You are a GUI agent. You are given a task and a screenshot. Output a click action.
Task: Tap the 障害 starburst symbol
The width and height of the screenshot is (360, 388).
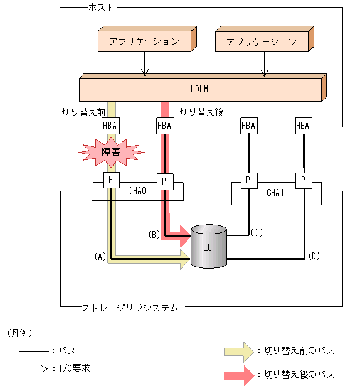(110, 152)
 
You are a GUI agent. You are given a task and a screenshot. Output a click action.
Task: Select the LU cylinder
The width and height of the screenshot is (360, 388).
(208, 246)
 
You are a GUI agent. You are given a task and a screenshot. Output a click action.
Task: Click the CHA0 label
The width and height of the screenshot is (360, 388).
(137, 190)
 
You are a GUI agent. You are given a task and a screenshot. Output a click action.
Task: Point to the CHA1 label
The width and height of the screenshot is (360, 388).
(275, 193)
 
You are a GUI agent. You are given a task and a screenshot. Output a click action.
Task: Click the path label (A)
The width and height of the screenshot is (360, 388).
(98, 256)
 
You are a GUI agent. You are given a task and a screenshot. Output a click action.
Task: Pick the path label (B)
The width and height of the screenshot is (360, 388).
(154, 234)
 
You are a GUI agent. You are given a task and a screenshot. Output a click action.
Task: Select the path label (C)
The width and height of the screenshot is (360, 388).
(256, 232)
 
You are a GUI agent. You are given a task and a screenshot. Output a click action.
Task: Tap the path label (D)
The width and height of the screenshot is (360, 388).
(314, 256)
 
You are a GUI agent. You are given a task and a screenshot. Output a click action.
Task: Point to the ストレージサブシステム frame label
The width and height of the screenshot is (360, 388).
(130, 308)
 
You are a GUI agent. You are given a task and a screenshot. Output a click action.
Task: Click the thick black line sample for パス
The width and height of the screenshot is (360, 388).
(33, 351)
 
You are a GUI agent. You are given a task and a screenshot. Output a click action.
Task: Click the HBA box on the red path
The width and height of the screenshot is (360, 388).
(164, 126)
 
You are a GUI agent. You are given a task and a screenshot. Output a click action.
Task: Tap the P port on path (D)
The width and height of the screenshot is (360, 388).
(304, 180)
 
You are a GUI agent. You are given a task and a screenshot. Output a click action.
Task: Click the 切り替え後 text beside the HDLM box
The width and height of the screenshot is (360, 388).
(202, 112)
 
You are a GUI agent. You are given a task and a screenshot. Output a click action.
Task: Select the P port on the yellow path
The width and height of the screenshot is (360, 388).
(110, 180)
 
